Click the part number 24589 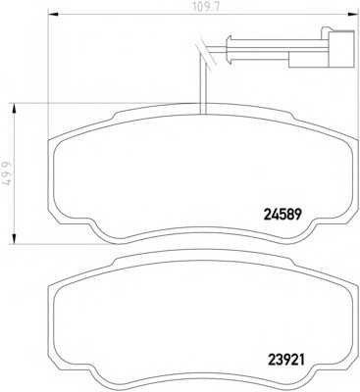click(x=282, y=215)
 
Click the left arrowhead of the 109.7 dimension click(x=53, y=14)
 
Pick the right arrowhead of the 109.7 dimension click(x=351, y=14)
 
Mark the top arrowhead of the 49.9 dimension click(x=14, y=108)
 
